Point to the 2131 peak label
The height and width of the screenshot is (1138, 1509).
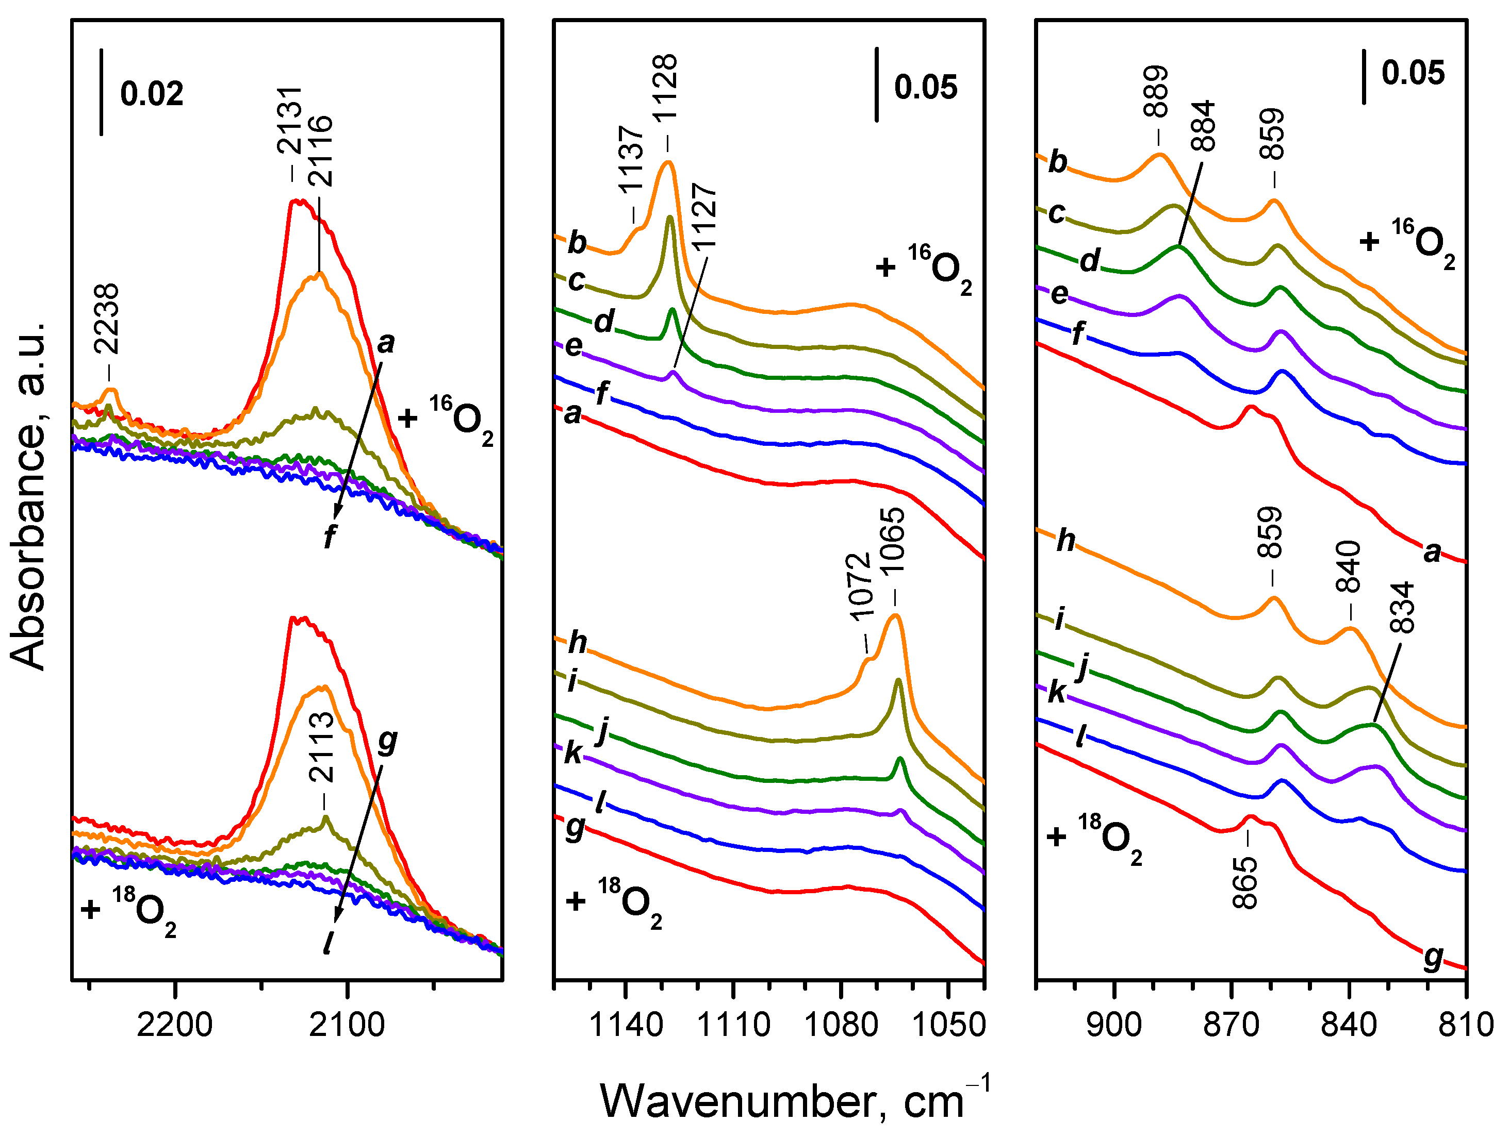[x=289, y=120]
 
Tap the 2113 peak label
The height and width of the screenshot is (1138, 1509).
[x=321, y=747]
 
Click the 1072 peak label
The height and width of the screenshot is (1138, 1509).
[x=860, y=587]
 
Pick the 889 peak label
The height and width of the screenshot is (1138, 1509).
[x=1156, y=91]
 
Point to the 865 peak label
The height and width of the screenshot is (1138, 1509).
[x=1245, y=883]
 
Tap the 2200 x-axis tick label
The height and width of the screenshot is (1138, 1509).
[x=175, y=1025]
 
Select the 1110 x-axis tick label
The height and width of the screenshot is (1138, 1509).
[x=734, y=1025]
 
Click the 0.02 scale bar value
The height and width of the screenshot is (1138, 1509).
[x=152, y=93]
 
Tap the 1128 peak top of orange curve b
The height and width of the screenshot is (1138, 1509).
[x=668, y=162]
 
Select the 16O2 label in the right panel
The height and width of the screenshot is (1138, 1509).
[x=1408, y=242]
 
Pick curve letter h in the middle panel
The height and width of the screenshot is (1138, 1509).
[x=577, y=642]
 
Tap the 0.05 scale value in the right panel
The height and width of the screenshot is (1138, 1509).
[x=1413, y=73]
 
